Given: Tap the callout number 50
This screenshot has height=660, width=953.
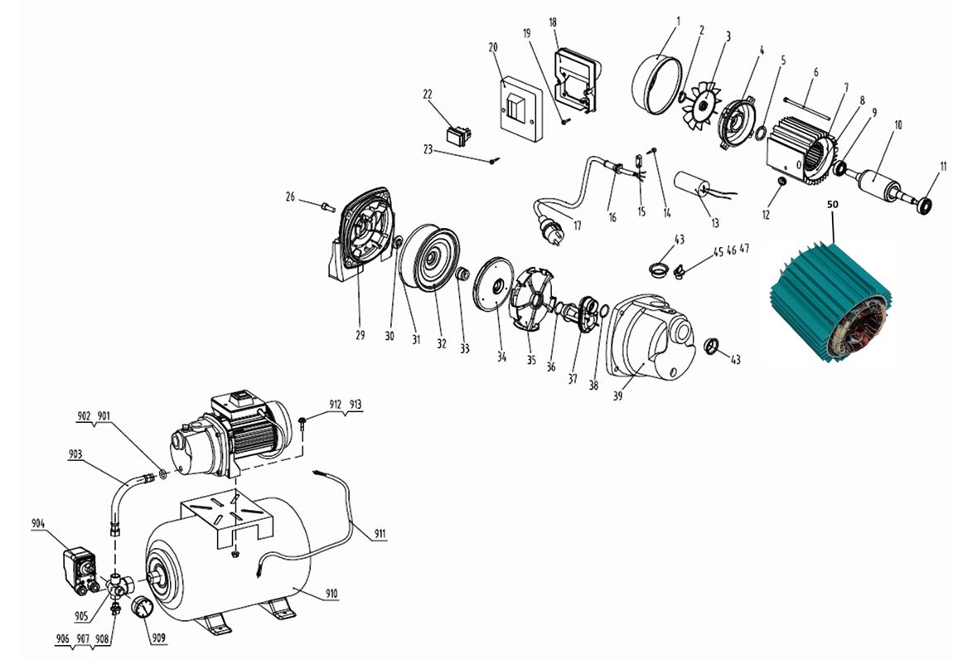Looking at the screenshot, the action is (x=832, y=205).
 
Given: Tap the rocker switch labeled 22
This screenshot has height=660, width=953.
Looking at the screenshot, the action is (x=459, y=135).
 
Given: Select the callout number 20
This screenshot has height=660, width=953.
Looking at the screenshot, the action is (x=493, y=47).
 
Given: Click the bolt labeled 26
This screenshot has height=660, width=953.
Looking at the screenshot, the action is (x=327, y=206).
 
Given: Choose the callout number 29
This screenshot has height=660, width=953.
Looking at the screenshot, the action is (x=360, y=335).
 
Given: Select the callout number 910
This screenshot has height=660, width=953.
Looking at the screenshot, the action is (x=331, y=594).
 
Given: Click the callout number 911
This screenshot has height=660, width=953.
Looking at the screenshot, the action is (x=380, y=534).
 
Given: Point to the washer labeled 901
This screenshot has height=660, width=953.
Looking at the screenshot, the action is (x=163, y=474).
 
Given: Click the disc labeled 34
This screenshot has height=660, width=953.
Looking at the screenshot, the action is (x=493, y=284).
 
